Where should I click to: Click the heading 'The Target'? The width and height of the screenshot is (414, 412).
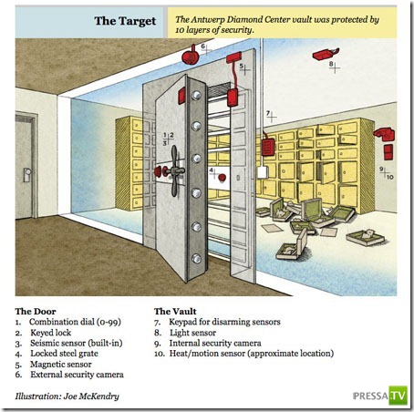click(x=125, y=21)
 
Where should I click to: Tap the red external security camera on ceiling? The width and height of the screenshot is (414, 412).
click(x=191, y=56)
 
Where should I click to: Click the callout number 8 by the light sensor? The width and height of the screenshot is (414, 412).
click(x=331, y=64)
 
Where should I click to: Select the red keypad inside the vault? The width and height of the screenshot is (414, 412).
click(x=268, y=147)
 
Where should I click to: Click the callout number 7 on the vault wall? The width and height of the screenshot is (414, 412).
click(x=268, y=113)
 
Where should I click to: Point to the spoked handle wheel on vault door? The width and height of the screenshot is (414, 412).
click(x=174, y=170)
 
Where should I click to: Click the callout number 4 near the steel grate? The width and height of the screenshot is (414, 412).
click(x=211, y=170)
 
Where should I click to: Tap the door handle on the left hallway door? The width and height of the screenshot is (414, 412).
click(x=26, y=175)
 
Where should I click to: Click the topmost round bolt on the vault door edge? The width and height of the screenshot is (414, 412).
click(x=196, y=96)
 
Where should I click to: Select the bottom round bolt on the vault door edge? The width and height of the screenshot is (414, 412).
click(x=196, y=259)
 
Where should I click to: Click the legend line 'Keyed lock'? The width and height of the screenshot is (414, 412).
click(x=50, y=333)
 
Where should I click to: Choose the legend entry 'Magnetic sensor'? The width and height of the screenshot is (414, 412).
click(x=61, y=365)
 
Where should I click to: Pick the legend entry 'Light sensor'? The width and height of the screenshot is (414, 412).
click(x=192, y=333)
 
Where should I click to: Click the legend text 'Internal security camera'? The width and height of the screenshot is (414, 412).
click(x=215, y=344)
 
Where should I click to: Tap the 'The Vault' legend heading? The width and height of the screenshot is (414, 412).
click(x=175, y=312)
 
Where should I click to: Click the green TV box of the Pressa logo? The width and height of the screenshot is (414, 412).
click(x=398, y=396)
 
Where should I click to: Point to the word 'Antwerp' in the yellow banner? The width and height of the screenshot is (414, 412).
click(x=209, y=20)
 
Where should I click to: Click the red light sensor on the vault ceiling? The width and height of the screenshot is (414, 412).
click(x=326, y=54)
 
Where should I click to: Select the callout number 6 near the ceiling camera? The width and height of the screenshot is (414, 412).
click(x=202, y=46)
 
